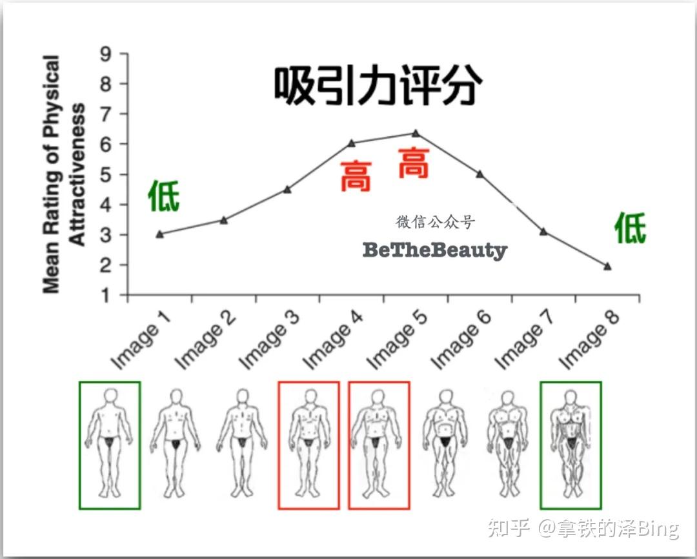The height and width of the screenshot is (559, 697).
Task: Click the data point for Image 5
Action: (416, 134)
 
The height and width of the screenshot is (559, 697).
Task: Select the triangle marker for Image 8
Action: (607, 266)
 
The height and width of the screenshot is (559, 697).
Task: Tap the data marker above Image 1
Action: (159, 234)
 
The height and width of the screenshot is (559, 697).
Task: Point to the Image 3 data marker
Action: (287, 190)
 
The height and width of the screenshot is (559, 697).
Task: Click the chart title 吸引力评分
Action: (378, 86)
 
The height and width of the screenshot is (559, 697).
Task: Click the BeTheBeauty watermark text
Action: (435, 250)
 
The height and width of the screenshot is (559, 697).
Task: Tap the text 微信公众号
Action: (435, 223)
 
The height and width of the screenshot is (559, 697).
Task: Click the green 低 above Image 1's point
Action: (163, 196)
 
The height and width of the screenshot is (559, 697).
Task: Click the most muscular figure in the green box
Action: (571, 444)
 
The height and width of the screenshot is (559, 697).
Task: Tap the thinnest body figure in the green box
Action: (109, 444)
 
